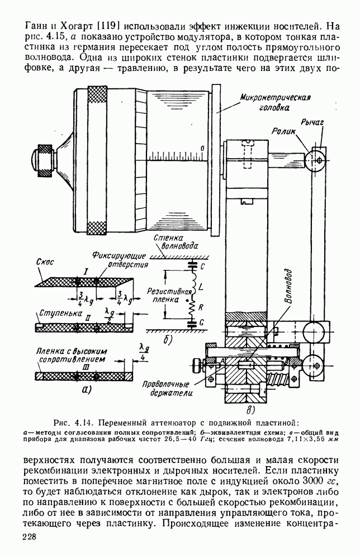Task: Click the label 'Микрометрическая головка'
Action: pos(275,102)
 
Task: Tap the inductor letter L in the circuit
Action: pos(200,286)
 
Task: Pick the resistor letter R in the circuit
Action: pos(201,306)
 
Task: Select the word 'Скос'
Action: pos(45,262)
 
